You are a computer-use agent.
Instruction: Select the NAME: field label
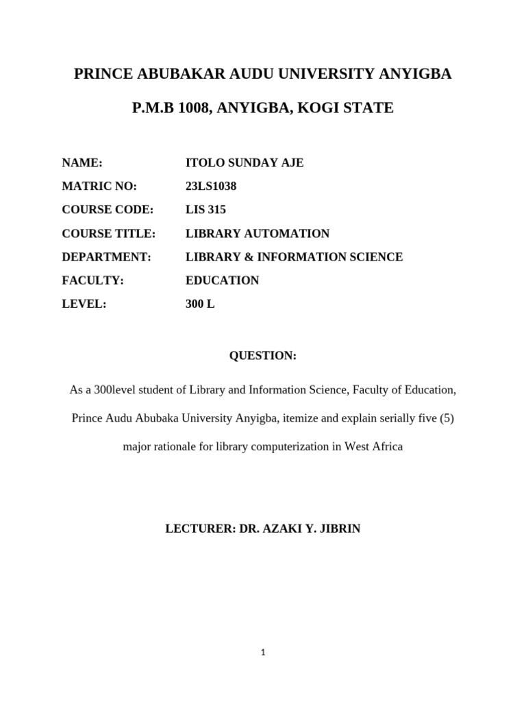click(x=82, y=162)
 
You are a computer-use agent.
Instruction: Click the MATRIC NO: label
click(x=99, y=186)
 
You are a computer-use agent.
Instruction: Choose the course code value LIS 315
click(x=205, y=210)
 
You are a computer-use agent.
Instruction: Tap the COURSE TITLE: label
click(x=109, y=233)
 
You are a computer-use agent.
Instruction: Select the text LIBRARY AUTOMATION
click(x=258, y=233)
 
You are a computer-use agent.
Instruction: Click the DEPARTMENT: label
click(x=106, y=257)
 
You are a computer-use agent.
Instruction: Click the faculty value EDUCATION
click(x=223, y=280)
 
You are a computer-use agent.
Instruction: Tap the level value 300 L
click(x=200, y=304)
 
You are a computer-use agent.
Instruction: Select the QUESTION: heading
click(x=262, y=355)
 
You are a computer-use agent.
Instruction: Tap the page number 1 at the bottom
click(x=263, y=653)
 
